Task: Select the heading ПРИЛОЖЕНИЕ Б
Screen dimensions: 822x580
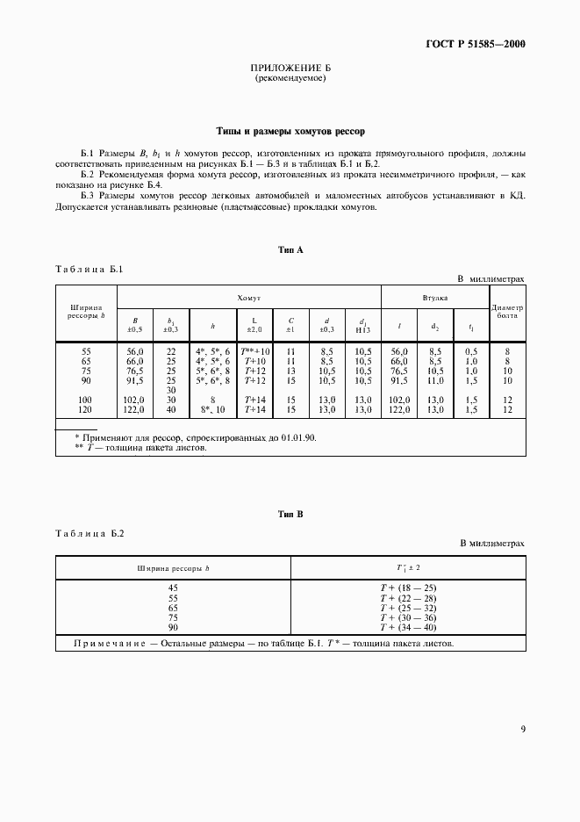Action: pyautogui.click(x=290, y=68)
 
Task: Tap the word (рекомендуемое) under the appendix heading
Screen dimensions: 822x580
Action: pyautogui.click(x=290, y=78)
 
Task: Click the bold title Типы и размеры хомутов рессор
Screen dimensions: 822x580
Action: pyautogui.click(x=290, y=131)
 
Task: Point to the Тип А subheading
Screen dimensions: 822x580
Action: pyautogui.click(x=290, y=250)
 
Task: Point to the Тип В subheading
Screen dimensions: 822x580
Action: pyautogui.click(x=290, y=514)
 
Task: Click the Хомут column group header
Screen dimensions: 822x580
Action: pyautogui.click(x=249, y=299)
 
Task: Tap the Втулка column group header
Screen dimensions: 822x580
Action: pyautogui.click(x=434, y=299)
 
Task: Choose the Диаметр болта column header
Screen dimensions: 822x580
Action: pyautogui.click(x=507, y=312)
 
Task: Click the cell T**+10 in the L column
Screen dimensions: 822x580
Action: pyautogui.click(x=255, y=350)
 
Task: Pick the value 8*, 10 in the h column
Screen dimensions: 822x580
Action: pyautogui.click(x=213, y=409)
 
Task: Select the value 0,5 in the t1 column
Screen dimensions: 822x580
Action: pyautogui.click(x=471, y=350)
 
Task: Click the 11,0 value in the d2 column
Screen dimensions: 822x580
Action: pyautogui.click(x=435, y=380)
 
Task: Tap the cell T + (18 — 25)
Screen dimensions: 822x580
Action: pyautogui.click(x=408, y=588)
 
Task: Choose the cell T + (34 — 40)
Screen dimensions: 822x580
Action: pyautogui.click(x=408, y=627)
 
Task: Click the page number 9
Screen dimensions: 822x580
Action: pyautogui.click(x=522, y=728)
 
